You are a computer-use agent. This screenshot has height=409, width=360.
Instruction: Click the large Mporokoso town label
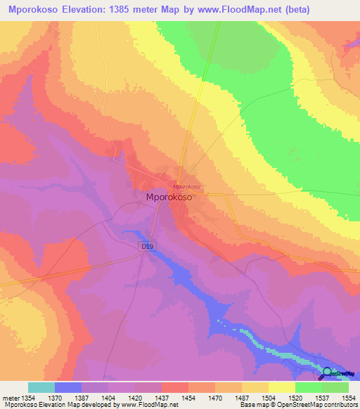[x=169, y=198]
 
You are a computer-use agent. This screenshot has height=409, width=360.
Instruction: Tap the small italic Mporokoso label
[x=186, y=186]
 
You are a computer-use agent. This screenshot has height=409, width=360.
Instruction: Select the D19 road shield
[x=146, y=247]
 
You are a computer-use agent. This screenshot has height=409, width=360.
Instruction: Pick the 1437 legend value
[x=162, y=397]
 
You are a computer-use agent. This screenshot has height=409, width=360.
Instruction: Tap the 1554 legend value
[x=349, y=397]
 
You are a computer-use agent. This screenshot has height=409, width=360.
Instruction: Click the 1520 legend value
[x=295, y=397]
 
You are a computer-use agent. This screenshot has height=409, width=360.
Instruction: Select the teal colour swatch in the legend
[x=41, y=387]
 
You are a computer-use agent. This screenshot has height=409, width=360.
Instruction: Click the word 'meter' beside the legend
[x=9, y=397]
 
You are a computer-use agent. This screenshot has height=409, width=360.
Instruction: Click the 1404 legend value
[x=109, y=397]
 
